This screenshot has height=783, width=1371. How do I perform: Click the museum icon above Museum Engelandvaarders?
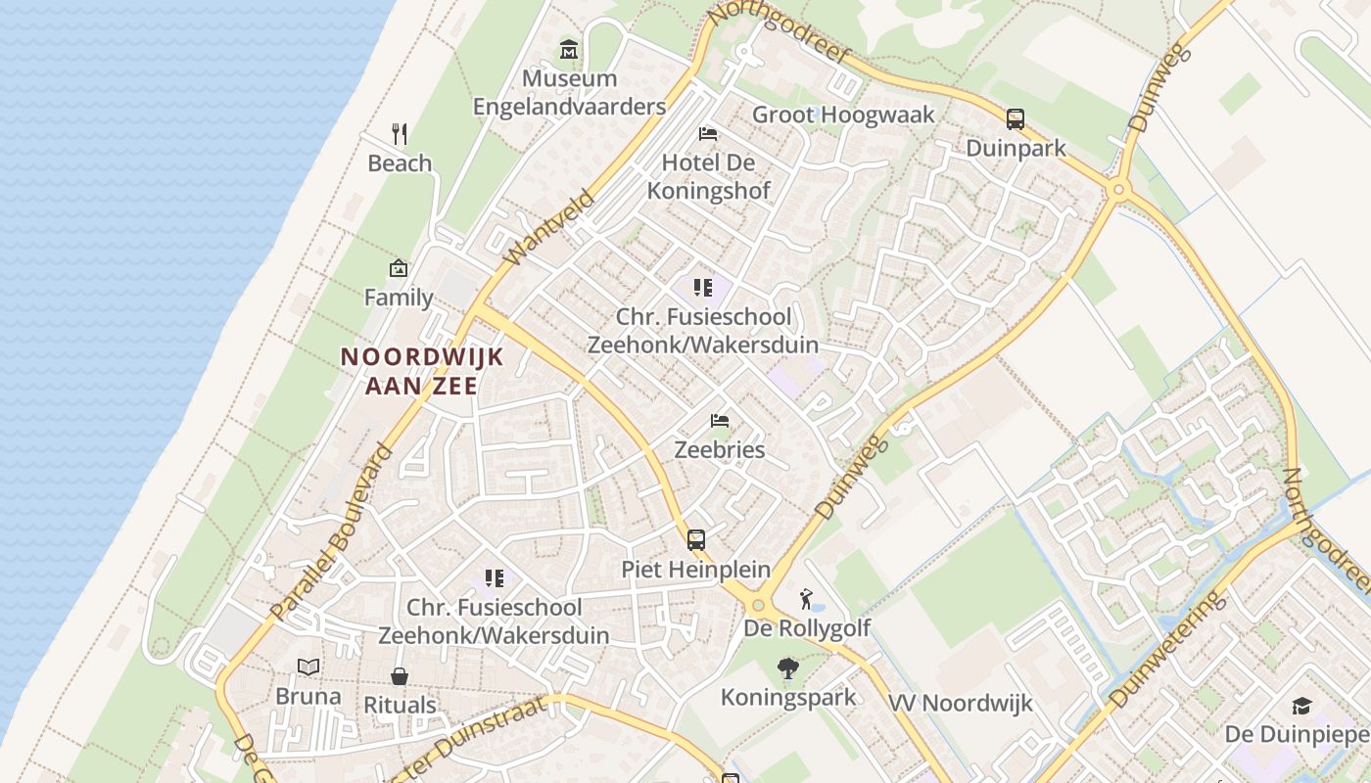coord(569,49)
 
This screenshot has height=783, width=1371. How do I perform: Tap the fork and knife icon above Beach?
coord(399,134)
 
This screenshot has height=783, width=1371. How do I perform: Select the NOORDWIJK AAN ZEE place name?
coord(422,371)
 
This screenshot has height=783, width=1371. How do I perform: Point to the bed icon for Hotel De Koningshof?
coord(708,133)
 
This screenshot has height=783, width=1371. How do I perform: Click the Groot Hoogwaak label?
coord(843,115)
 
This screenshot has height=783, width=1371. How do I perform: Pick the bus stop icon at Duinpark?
coord(1016,119)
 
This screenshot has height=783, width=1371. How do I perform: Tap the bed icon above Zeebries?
coord(720,421)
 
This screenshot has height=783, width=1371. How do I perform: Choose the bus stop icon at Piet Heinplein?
coord(695,539)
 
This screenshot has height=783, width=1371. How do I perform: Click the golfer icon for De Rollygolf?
coord(806,598)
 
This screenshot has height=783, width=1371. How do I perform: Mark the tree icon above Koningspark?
coord(787,668)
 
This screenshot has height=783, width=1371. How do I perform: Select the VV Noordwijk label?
coord(961,703)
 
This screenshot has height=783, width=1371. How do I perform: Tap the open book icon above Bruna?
coord(308,668)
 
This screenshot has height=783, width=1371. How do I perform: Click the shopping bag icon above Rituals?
coord(400,676)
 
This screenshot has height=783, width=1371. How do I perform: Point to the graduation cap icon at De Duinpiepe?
coord(1301,706)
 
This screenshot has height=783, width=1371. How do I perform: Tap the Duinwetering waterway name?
coord(1167,649)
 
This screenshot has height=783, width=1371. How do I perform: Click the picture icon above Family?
coord(399,268)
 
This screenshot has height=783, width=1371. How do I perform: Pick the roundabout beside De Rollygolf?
coord(757,606)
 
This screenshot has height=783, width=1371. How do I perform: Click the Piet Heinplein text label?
coord(695,569)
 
